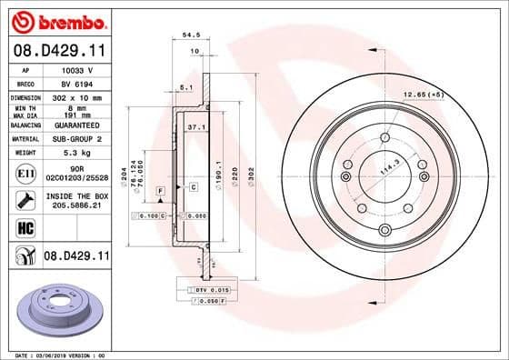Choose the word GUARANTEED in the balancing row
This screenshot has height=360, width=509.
[75, 125]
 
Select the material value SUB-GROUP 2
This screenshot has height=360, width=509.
[75, 139]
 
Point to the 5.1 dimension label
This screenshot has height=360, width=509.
[185, 87]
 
